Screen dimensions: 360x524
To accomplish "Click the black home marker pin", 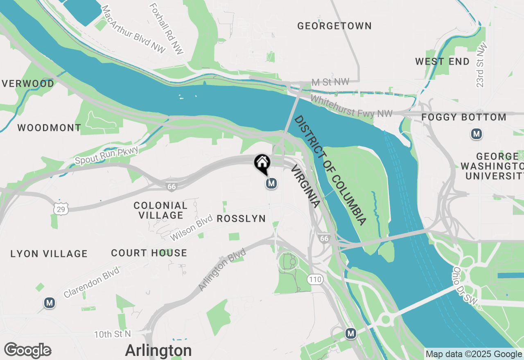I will (x=262, y=163).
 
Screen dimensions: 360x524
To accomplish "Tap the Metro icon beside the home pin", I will (x=271, y=184).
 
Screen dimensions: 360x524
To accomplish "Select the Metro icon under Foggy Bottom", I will (x=476, y=134).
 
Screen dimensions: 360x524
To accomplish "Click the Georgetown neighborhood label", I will (x=334, y=26).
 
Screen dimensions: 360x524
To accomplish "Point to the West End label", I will (x=442, y=62).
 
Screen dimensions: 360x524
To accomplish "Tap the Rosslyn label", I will (x=241, y=219).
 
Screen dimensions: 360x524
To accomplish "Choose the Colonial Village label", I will (x=160, y=210).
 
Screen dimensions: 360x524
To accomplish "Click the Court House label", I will (x=149, y=253).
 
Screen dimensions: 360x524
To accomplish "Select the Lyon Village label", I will (x=49, y=254).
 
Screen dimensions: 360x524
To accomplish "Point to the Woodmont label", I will (x=49, y=128).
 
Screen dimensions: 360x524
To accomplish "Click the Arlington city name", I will (x=158, y=351).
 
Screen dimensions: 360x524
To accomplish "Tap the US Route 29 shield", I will (x=61, y=209).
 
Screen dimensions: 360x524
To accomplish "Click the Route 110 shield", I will (x=315, y=280).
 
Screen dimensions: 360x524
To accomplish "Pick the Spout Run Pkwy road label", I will (x=107, y=155).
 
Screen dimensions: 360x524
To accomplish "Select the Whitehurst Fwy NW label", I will (x=351, y=106).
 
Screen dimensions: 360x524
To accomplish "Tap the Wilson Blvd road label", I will (x=192, y=228).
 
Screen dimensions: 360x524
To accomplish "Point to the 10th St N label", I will (x=112, y=334).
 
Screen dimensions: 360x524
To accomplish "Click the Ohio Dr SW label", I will (x=465, y=286).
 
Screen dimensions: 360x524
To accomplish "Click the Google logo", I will (x=27, y=351).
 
